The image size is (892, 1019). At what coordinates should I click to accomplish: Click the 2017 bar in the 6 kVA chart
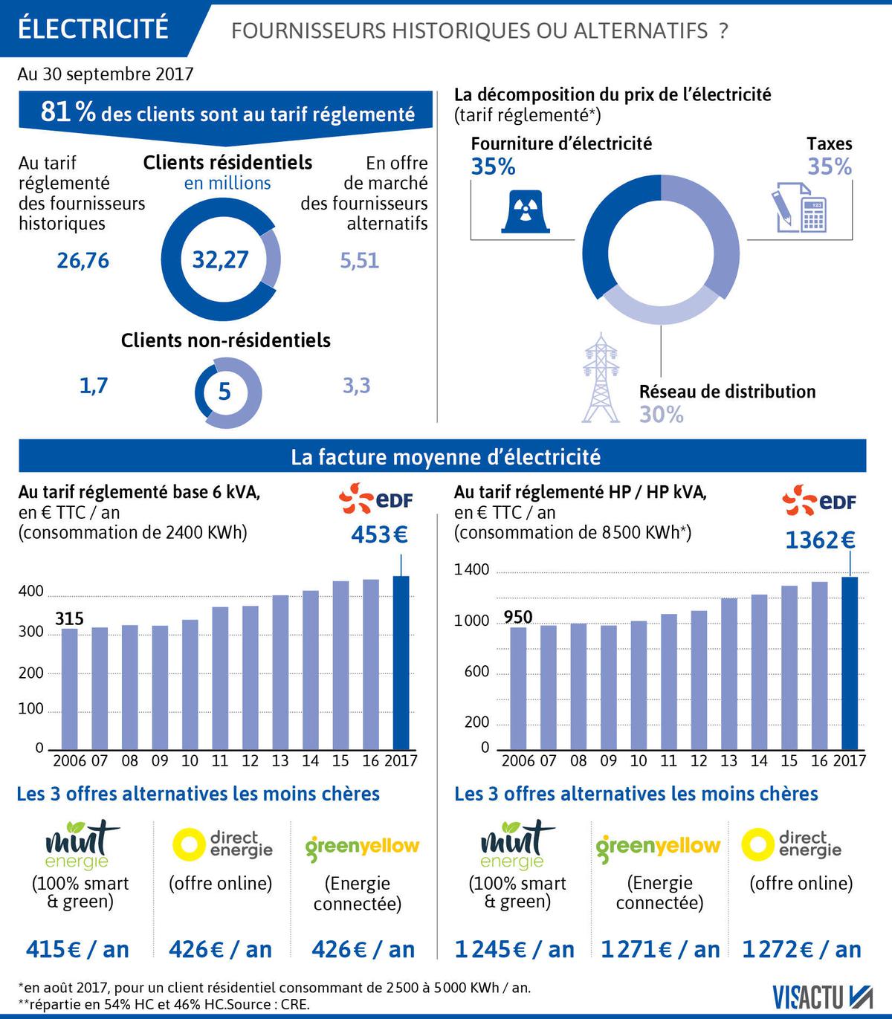point(401,661)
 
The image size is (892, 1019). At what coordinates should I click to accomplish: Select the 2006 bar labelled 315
point(69,688)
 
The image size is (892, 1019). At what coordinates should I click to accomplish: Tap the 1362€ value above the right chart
point(820,540)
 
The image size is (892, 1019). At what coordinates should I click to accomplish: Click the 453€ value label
point(380,534)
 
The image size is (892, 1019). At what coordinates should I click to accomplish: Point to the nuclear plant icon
point(526,211)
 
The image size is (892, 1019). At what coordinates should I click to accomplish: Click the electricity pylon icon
point(601,378)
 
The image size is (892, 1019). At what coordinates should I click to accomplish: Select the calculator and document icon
point(800,206)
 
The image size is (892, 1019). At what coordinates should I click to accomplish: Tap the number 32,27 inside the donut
point(220,259)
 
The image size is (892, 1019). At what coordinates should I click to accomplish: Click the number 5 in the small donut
point(224,392)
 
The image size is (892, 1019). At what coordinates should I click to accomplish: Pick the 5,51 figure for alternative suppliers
point(360,261)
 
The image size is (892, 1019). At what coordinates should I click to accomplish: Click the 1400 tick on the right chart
point(472,570)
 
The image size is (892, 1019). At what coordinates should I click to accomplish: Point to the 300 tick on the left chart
point(31,632)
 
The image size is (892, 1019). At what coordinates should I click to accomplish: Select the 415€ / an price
point(77,949)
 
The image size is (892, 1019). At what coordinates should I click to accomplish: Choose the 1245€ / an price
point(514,949)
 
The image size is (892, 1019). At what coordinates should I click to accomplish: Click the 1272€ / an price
point(802,949)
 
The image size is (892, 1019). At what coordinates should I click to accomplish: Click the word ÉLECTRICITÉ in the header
point(93,28)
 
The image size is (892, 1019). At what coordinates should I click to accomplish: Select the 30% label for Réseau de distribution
point(661,414)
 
